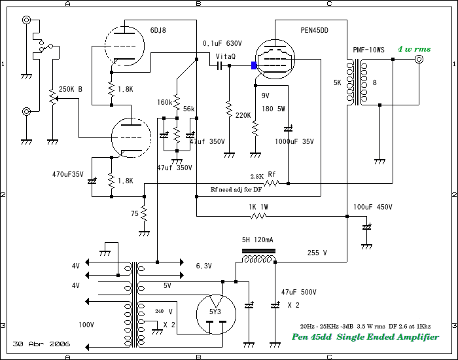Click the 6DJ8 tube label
158,30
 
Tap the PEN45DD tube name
314,30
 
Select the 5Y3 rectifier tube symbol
216,314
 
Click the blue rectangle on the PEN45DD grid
254,65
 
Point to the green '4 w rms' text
414,49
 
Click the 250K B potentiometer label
71,90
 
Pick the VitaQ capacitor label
226,56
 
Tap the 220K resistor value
243,115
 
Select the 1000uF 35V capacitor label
294,142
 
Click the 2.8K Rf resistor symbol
272,183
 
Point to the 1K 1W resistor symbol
258,216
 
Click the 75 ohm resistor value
135,213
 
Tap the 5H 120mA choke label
257,240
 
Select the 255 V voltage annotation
317,253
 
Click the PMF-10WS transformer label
368,50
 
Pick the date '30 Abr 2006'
41,344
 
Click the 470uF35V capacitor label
68,175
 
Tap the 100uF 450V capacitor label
373,207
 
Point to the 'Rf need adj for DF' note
236,190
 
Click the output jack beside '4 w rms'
419,60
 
